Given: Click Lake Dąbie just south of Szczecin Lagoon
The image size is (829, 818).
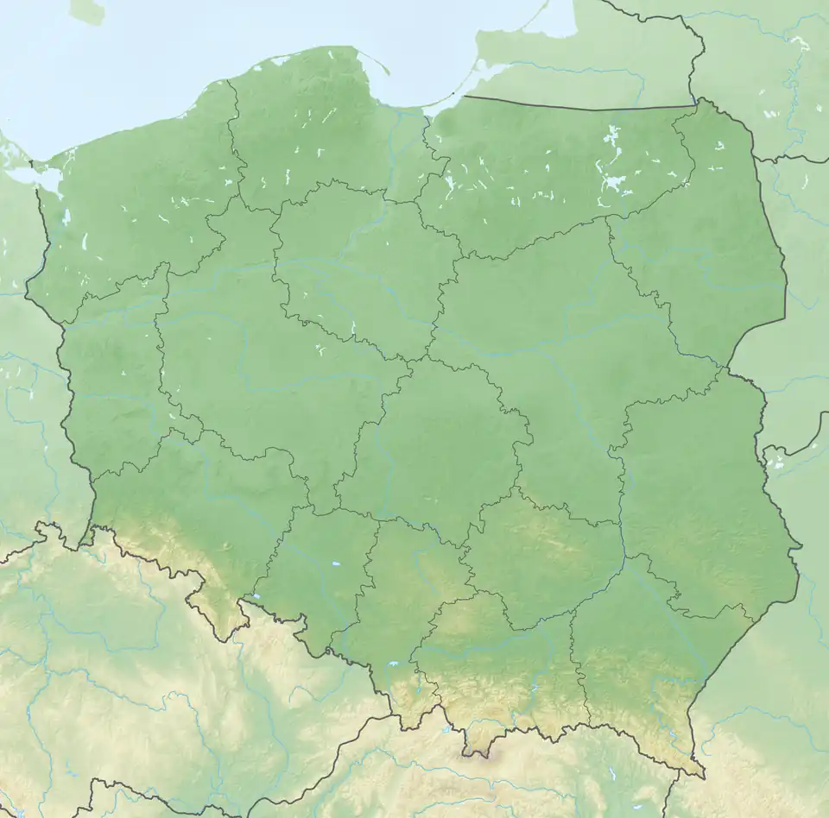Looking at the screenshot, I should click(x=66, y=216).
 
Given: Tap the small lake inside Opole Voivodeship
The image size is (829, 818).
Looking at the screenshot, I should click(x=333, y=566).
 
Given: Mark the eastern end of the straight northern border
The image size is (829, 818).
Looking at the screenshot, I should click(x=696, y=106).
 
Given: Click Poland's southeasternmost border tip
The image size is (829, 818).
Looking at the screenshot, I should click(x=701, y=777).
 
